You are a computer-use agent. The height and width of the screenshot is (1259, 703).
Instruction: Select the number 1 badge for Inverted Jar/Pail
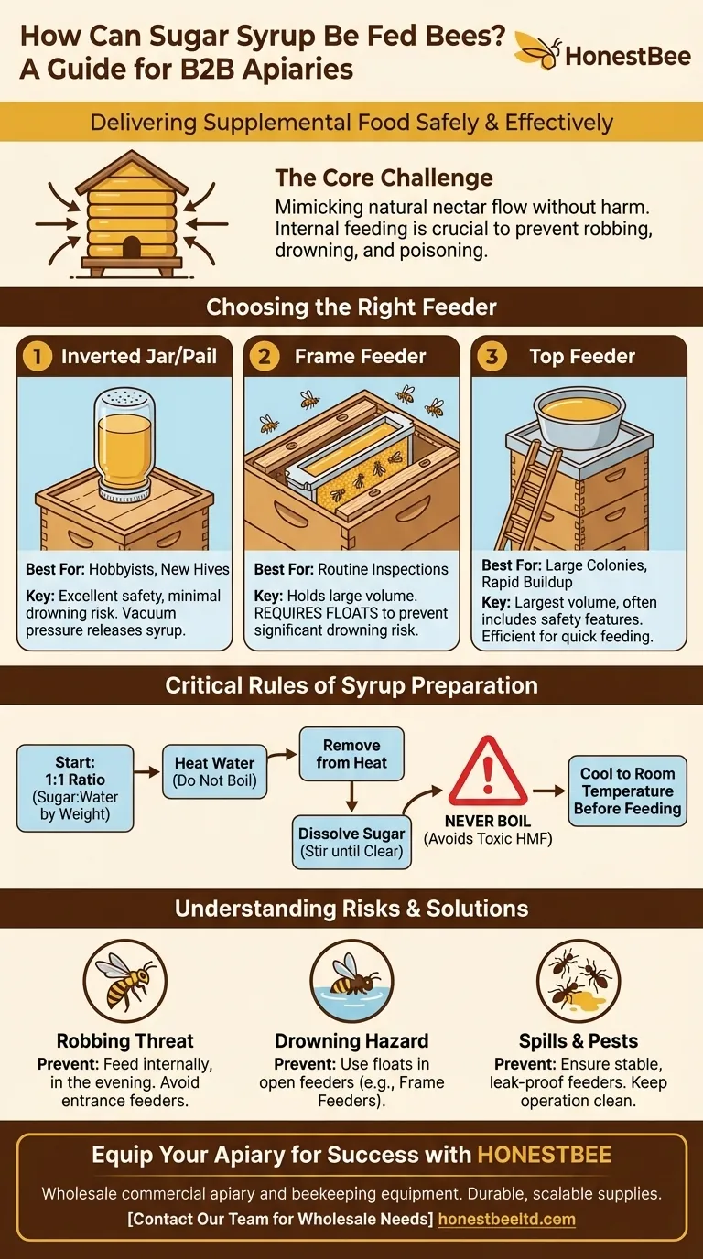(37, 356)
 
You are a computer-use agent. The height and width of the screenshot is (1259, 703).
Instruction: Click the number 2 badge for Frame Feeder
(264, 356)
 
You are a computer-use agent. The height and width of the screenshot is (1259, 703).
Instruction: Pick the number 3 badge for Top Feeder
(491, 356)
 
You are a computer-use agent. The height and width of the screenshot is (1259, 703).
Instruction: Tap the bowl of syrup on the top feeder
(581, 411)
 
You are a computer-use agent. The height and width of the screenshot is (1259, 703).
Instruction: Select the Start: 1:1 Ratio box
(74, 788)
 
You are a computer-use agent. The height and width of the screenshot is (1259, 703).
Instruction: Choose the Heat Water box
(214, 771)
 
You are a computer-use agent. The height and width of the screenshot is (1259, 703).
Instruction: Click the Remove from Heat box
(351, 753)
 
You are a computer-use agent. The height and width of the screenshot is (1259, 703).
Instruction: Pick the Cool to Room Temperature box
(628, 791)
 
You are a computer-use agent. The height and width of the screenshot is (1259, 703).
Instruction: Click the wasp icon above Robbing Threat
(125, 980)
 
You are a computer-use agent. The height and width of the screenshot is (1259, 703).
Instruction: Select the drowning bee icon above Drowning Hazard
(351, 980)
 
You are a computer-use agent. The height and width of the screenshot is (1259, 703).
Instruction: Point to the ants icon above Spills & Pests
(578, 980)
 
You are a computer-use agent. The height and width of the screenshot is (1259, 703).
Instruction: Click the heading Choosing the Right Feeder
(351, 307)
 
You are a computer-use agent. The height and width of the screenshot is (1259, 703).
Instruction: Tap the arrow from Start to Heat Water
(146, 773)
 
